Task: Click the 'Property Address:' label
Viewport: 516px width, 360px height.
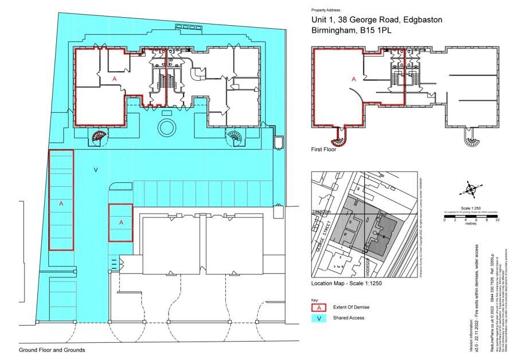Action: pos(326,10)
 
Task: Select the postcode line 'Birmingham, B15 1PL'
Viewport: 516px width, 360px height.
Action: pos(351,30)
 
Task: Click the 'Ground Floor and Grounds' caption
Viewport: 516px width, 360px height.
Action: pos(52,350)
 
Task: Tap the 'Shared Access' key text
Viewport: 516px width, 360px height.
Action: pos(349,318)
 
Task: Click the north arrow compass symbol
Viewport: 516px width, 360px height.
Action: pos(470,189)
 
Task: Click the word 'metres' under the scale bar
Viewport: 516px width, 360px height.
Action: pos(471,224)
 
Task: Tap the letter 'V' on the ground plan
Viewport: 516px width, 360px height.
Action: pos(95,170)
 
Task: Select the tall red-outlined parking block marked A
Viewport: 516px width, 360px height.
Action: pos(61,200)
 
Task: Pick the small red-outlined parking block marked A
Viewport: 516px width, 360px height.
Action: pos(120,222)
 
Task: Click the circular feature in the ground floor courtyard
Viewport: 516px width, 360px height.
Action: pos(167,127)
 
